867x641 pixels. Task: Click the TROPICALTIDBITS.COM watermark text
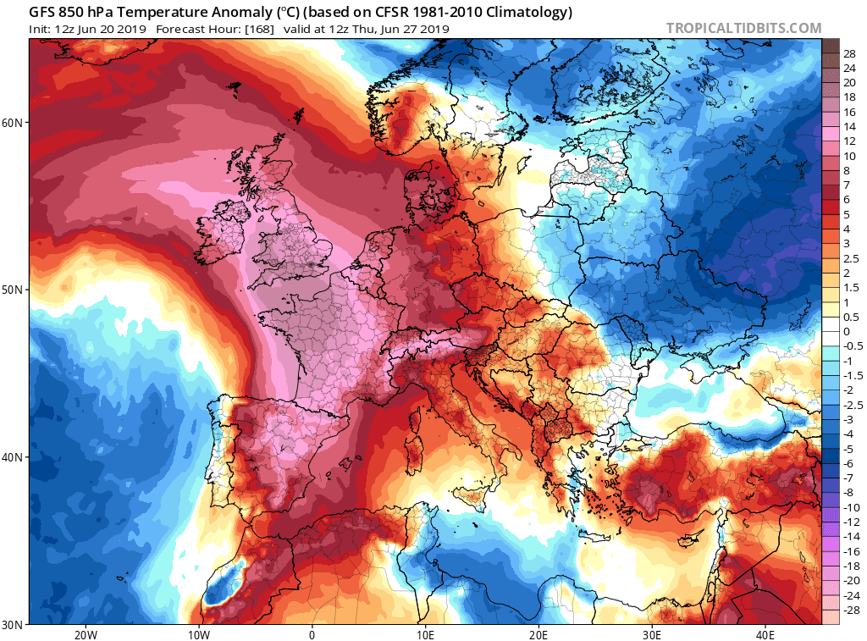pyautogui.click(x=743, y=28)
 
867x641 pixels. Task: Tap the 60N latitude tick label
pyautogui.click(x=12, y=122)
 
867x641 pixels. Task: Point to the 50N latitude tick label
pyautogui.click(x=12, y=290)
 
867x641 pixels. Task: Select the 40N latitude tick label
pyautogui.click(x=12, y=457)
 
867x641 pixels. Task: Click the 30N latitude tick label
pyautogui.click(x=12, y=624)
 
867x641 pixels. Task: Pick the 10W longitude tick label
pyautogui.click(x=198, y=634)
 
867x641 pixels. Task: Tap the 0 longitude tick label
pyautogui.click(x=312, y=634)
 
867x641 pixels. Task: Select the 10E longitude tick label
pyautogui.click(x=425, y=634)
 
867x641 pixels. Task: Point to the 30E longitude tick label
pyautogui.click(x=651, y=634)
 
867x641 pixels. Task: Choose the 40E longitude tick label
pyautogui.click(x=765, y=634)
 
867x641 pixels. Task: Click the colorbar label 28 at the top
pyautogui.click(x=849, y=52)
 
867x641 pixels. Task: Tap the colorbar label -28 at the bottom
pyautogui.click(x=849, y=610)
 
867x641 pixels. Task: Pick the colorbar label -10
pyautogui.click(x=849, y=506)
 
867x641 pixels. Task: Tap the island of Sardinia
pyautogui.click(x=415, y=444)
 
